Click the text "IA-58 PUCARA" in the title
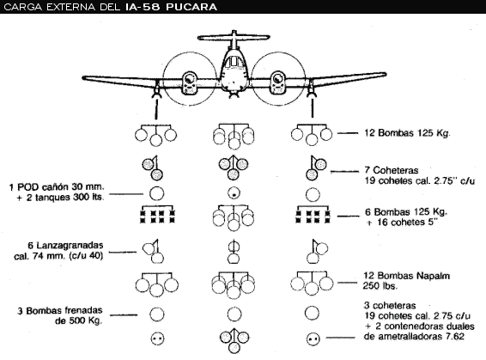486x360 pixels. [x=171, y=7]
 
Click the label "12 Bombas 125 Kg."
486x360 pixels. [x=407, y=133]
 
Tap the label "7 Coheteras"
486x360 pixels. [x=392, y=170]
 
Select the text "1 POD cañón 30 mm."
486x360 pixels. [x=57, y=187]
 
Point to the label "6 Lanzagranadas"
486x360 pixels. [x=65, y=246]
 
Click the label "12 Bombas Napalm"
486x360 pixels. [x=406, y=276]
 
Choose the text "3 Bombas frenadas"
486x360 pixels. [x=60, y=311]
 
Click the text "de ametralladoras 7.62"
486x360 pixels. [x=414, y=337]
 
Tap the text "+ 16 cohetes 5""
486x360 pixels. [x=402, y=223]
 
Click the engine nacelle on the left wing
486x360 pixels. [x=189, y=82]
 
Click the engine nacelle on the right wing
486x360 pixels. [x=277, y=82]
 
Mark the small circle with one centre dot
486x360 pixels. [x=234, y=193]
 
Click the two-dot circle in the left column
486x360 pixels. [x=157, y=339]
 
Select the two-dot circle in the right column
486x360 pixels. [x=313, y=339]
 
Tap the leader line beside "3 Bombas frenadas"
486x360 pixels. [x=124, y=315]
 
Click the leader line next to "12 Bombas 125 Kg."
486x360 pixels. [x=348, y=133]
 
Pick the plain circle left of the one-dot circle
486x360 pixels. [x=156, y=193]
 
